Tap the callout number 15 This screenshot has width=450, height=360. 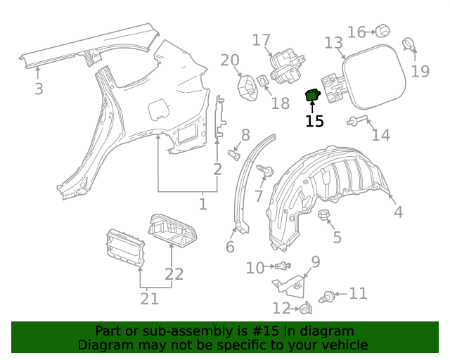pyautogui.click(x=314, y=121)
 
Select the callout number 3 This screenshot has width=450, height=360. pyautogui.click(x=39, y=89)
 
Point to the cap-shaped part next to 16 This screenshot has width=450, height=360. pyautogui.click(x=382, y=30)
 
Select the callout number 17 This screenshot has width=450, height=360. pyautogui.click(x=261, y=40)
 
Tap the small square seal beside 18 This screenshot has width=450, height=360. pyautogui.click(x=262, y=81)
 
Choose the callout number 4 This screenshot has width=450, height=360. pyautogui.click(x=398, y=212)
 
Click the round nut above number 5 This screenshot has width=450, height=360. pyautogui.click(x=324, y=214)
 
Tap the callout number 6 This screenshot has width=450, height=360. pyautogui.click(x=230, y=247)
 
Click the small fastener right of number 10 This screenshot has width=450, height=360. pyautogui.click(x=283, y=266)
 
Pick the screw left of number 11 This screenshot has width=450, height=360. pyautogui.click(x=328, y=297)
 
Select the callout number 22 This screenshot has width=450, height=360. pyautogui.click(x=174, y=274)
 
